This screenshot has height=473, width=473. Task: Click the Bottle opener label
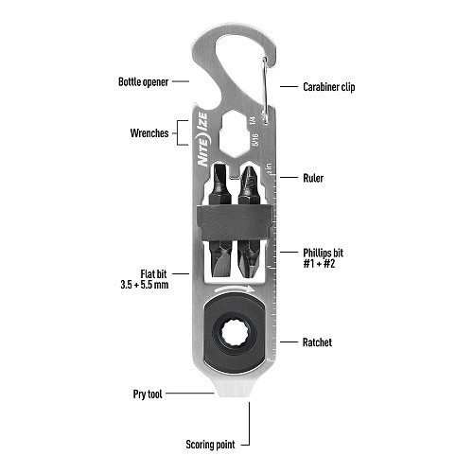click(143, 82)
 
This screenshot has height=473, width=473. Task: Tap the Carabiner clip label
click(329, 87)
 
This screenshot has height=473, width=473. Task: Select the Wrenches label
click(149, 133)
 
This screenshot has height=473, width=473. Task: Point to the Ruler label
click(313, 178)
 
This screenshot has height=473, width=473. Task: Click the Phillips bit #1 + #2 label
click(323, 258)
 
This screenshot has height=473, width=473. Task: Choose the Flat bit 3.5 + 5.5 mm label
click(145, 279)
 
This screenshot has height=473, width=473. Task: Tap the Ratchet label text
click(317, 342)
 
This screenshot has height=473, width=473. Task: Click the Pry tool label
click(148, 394)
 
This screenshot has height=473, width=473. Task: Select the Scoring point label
click(210, 445)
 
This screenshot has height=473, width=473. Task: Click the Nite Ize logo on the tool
click(202, 139)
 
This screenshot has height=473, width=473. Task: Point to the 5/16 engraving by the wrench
click(255, 139)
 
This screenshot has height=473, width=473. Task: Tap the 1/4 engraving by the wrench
click(253, 121)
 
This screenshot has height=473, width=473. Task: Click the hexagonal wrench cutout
click(234, 133)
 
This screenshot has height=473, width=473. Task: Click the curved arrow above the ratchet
click(234, 289)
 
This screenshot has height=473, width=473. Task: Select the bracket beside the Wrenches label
click(182, 133)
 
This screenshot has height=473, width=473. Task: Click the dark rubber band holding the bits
click(234, 222)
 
